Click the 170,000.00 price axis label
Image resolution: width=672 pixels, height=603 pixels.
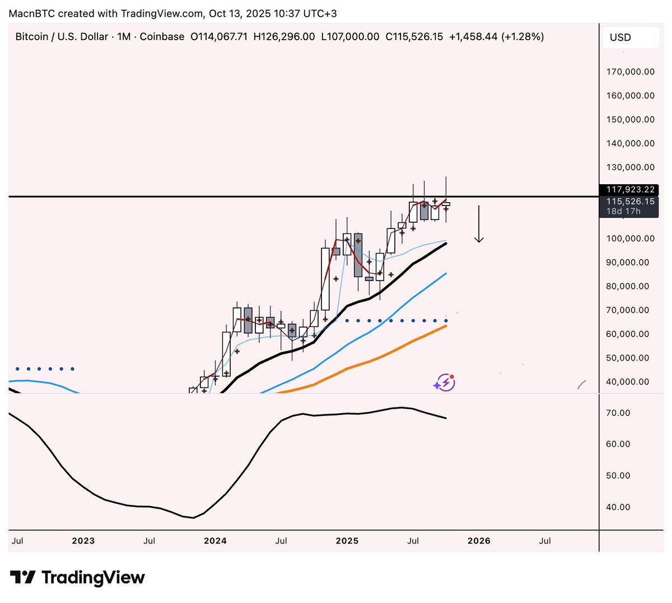630,72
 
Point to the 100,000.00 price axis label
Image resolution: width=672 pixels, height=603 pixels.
630,239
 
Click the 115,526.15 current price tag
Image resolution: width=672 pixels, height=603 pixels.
630,202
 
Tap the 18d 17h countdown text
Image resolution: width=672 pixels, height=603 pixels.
623,212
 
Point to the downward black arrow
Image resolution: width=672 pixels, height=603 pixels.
479,224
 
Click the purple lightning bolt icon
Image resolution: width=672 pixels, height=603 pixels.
444,383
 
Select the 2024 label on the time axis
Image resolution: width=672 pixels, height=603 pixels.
215,541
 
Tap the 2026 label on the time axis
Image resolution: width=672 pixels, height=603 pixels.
479,541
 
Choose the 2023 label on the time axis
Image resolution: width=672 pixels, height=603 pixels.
83,541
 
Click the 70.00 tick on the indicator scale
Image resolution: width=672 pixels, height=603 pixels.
619,413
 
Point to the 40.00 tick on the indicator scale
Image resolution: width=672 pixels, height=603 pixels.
619,507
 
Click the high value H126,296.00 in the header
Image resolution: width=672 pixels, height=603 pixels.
284,37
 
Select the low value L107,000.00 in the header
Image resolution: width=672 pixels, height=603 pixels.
350,37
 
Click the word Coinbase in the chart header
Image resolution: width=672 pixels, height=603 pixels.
162,37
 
